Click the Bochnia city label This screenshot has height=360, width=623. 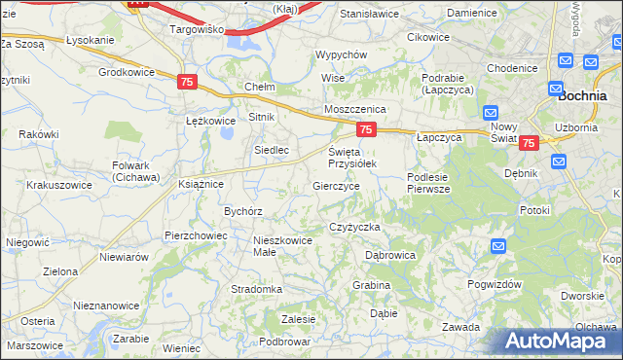click(x=583, y=95)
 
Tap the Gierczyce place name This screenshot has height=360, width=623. click(x=337, y=185)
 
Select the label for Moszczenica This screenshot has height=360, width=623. click(x=355, y=110)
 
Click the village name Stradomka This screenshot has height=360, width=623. click(x=256, y=289)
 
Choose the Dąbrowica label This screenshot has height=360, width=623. click(x=390, y=255)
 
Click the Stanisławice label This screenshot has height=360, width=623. click(x=369, y=15)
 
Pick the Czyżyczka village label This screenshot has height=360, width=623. click(x=354, y=227)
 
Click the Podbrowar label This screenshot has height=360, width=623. click(x=285, y=342)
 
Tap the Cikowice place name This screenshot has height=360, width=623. click(x=428, y=37)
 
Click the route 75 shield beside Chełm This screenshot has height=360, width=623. click(x=188, y=83)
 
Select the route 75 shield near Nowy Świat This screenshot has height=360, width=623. click(x=527, y=143)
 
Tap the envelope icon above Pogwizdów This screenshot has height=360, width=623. click(x=498, y=246)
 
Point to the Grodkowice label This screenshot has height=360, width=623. click(x=127, y=72)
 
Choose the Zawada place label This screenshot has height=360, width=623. click(x=460, y=327)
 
